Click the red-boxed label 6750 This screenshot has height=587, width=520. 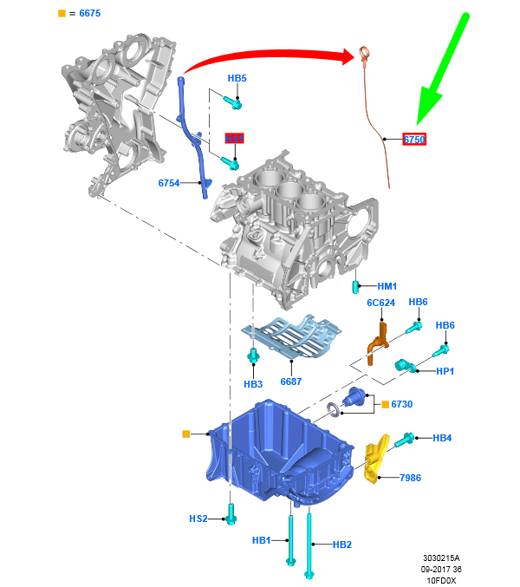click(414, 139)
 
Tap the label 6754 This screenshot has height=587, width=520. click(169, 183)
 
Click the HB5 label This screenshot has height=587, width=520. click(237, 79)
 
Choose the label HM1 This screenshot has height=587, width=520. click(387, 286)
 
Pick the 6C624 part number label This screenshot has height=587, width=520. click(380, 303)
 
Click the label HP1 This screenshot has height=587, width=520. click(445, 370)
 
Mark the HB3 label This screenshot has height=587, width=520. click(253, 383)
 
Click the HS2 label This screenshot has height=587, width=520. click(198, 519)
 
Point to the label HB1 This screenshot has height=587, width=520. click(262, 540)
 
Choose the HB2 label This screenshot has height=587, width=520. click(342, 545)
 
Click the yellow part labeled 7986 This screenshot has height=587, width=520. click(374, 460)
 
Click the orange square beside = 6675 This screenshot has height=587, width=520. click(62, 14)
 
